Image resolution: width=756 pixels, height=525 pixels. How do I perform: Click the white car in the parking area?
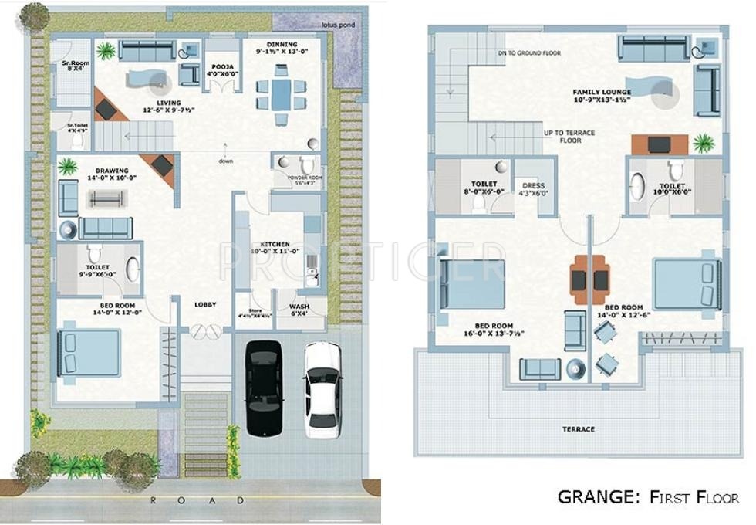321,389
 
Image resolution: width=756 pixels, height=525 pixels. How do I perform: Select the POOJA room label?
224,70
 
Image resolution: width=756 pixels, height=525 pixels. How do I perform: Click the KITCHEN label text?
275,247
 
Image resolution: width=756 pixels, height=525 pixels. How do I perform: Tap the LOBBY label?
204,304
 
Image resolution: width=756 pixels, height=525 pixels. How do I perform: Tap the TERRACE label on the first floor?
578,429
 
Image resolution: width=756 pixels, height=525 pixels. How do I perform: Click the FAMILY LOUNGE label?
602,96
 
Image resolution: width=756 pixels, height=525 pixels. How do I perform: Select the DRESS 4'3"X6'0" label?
533,189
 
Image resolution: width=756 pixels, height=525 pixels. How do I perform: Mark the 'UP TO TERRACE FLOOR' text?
569,137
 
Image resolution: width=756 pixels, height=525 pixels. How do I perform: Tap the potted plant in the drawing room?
68,167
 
